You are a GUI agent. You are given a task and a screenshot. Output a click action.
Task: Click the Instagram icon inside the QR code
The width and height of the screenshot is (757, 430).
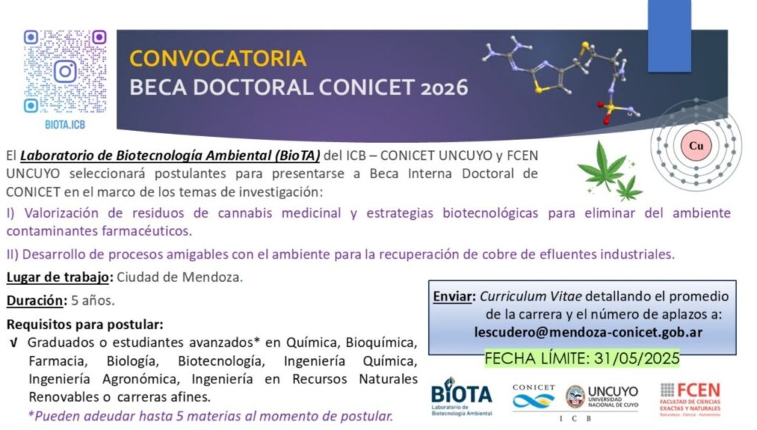65,72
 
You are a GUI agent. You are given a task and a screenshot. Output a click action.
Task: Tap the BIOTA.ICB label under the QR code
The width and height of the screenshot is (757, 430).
65,124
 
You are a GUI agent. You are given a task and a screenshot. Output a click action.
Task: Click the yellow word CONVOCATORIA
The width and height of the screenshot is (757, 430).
218,58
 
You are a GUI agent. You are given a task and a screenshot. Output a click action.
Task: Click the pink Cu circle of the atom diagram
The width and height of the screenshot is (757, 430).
696,145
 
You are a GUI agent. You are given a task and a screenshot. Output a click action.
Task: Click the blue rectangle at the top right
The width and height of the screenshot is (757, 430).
669,36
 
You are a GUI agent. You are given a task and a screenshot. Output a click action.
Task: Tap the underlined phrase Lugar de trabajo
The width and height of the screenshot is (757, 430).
58,278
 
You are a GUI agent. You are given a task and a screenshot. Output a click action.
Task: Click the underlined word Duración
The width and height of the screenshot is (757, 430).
35,300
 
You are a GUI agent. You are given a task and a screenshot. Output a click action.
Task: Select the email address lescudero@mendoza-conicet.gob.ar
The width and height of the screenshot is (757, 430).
588,332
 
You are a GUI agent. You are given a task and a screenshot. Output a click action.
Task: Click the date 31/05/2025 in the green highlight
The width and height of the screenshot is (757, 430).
637,358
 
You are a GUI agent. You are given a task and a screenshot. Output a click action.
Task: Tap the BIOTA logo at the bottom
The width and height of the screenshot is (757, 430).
461,396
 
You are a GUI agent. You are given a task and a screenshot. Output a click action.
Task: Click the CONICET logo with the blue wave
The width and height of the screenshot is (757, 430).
534,396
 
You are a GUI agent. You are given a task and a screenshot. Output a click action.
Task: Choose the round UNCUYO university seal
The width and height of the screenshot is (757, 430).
575,397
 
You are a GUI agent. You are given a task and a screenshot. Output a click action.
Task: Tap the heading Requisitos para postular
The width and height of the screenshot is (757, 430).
85,324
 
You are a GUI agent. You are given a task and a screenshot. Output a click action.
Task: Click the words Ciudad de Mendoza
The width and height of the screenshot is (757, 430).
178,278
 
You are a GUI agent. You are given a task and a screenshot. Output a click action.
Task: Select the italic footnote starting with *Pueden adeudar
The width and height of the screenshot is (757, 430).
211,416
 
